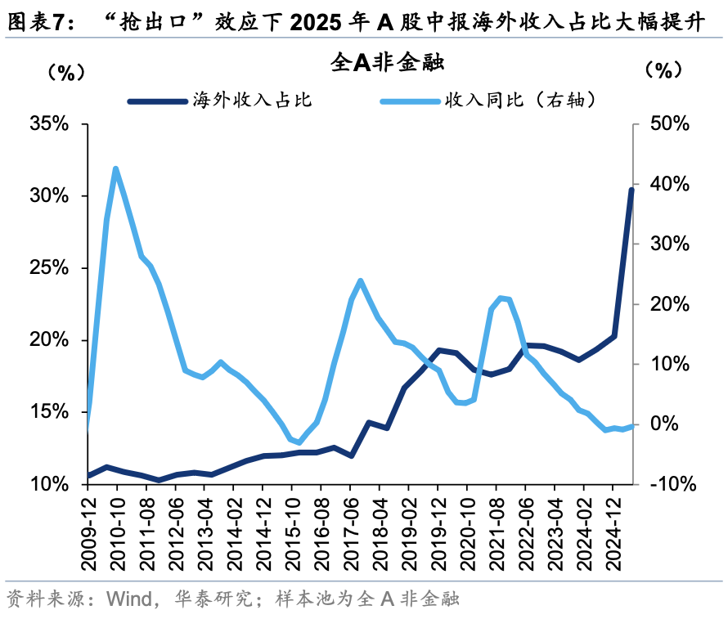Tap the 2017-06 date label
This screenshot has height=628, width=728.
350,527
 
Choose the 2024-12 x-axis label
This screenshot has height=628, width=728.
613,527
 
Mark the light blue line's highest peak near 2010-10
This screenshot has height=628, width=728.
116,169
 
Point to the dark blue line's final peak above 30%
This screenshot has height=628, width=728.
631,190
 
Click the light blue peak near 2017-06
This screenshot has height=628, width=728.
361,280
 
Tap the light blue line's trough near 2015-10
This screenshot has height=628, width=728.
299,442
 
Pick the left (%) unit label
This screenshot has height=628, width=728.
65,71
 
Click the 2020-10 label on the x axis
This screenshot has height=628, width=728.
466,527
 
